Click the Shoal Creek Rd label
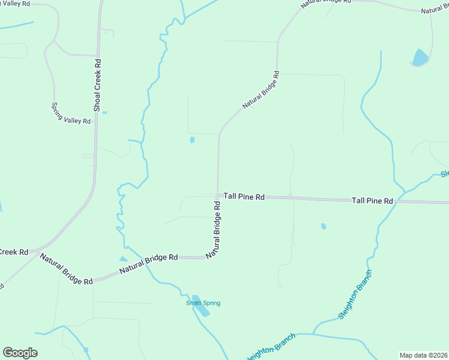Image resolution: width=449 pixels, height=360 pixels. pyautogui.click(x=97, y=85)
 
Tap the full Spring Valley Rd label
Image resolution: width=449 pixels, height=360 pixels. pyautogui.click(x=71, y=112)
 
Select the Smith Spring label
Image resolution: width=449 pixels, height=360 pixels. pyautogui.click(x=203, y=303)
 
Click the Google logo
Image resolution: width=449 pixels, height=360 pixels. pyautogui.click(x=20, y=353)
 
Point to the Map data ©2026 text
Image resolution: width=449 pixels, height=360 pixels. pyautogui.click(x=423, y=355)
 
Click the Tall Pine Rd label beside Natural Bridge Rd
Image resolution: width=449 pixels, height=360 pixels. pyautogui.click(x=244, y=196)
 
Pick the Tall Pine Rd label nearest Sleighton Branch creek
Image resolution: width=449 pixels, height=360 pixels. pyautogui.click(x=372, y=200)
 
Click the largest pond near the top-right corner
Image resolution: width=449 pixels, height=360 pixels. pyautogui.click(x=420, y=58)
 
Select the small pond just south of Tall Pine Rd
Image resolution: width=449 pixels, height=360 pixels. pyautogui.click(x=324, y=226)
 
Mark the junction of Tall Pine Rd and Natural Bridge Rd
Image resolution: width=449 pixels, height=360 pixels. pyautogui.click(x=217, y=196)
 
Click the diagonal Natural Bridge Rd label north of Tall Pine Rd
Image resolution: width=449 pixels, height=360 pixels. pyautogui.click(x=261, y=91)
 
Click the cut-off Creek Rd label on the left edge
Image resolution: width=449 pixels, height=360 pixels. pyautogui.click(x=14, y=252)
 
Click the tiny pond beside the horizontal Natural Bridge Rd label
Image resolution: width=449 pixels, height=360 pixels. pyautogui.click(x=123, y=259)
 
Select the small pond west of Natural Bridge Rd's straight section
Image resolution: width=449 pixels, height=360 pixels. pyautogui.click(x=192, y=140)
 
